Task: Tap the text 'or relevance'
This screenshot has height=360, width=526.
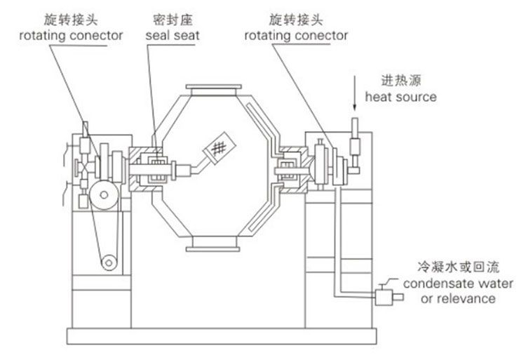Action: click(457, 299)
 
